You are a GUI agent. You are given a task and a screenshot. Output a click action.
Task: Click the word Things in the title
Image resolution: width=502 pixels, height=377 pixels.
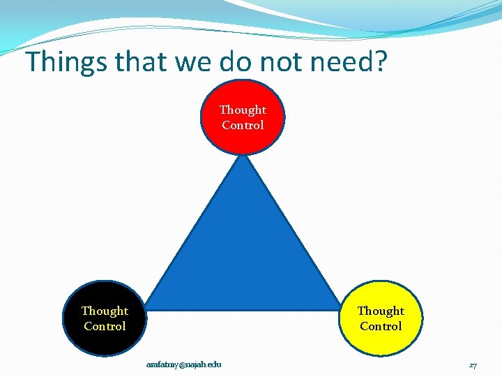(x=66, y=63)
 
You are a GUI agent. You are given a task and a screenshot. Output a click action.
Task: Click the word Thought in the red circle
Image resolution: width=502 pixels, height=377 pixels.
(x=243, y=110)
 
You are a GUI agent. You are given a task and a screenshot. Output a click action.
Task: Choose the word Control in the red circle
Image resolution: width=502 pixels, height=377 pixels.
(x=243, y=125)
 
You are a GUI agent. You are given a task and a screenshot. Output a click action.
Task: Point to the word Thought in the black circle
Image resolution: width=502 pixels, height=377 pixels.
(x=105, y=311)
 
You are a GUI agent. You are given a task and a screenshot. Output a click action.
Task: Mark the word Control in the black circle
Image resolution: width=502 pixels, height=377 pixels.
(x=105, y=326)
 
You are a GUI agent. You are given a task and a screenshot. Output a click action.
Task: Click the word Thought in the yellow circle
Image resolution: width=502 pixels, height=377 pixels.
(x=381, y=311)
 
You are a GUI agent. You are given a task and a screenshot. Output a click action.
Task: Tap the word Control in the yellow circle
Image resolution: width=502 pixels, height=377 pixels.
(x=381, y=326)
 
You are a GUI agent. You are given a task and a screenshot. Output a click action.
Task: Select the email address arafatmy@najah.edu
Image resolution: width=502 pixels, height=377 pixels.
(x=183, y=364)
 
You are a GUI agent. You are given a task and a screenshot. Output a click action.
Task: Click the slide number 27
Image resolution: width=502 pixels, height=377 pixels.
(x=473, y=365)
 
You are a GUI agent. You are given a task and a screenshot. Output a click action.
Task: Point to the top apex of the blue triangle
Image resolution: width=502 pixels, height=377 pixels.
(x=243, y=158)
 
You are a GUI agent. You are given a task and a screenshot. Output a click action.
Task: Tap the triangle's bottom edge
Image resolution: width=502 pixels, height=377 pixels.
(x=243, y=307)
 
